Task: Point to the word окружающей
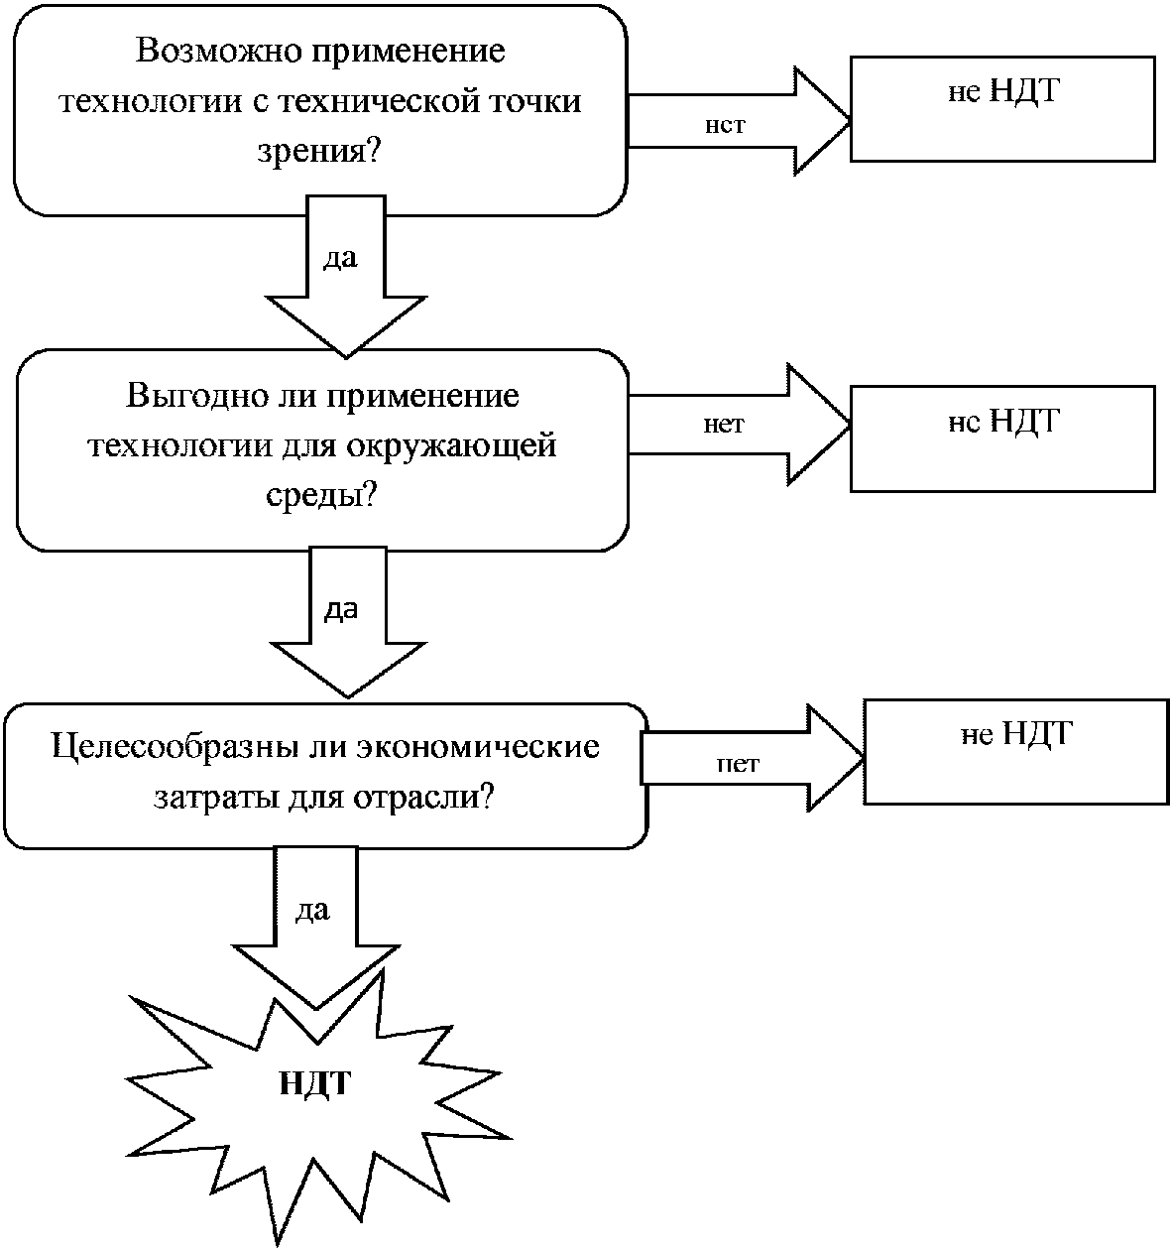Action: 451,446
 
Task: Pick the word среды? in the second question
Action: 321,495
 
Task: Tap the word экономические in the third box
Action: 478,746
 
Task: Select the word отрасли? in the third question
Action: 423,797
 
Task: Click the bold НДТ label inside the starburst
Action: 314,1083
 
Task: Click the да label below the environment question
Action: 341,609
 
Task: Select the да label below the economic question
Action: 312,911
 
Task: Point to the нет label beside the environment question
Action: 724,425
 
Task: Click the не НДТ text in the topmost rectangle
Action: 1004,91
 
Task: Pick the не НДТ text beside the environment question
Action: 1004,421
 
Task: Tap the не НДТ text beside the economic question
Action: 1016,734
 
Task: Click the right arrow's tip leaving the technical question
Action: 850,120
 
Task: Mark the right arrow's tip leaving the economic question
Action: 864,757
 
